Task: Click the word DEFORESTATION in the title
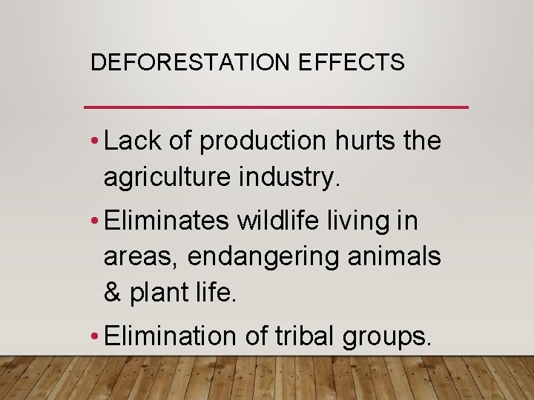[x=191, y=63]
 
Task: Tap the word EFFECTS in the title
[x=352, y=63]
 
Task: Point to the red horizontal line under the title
[x=277, y=107]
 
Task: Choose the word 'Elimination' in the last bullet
[x=170, y=336]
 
